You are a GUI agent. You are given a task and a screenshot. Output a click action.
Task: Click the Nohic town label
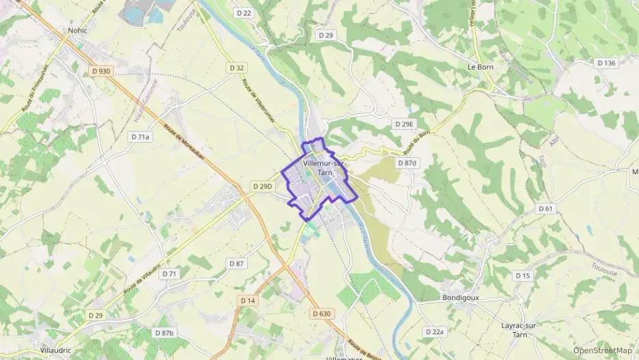coord(79,31)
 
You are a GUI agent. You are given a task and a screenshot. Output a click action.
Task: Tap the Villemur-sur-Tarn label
coord(325,168)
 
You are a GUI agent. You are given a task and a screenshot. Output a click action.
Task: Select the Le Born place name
coord(480,68)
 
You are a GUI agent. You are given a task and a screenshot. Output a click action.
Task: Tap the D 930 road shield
coord(100,71)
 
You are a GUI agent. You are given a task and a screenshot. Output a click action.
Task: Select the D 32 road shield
coord(237,68)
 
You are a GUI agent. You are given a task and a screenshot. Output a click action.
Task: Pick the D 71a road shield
coord(140,137)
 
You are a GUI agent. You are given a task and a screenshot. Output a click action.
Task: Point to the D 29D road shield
coord(262,186)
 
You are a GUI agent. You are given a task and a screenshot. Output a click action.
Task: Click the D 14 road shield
coord(247,301)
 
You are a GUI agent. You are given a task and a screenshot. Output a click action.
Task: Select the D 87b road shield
coord(164,333)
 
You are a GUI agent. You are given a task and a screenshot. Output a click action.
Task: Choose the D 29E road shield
coord(404,124)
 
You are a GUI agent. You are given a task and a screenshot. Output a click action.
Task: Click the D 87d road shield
coord(407,163)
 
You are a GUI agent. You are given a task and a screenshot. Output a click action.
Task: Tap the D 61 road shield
coord(544,208)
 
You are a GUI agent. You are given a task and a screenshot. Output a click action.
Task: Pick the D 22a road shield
coord(434,332)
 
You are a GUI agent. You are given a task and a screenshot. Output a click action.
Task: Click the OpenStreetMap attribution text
coord(602,350)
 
